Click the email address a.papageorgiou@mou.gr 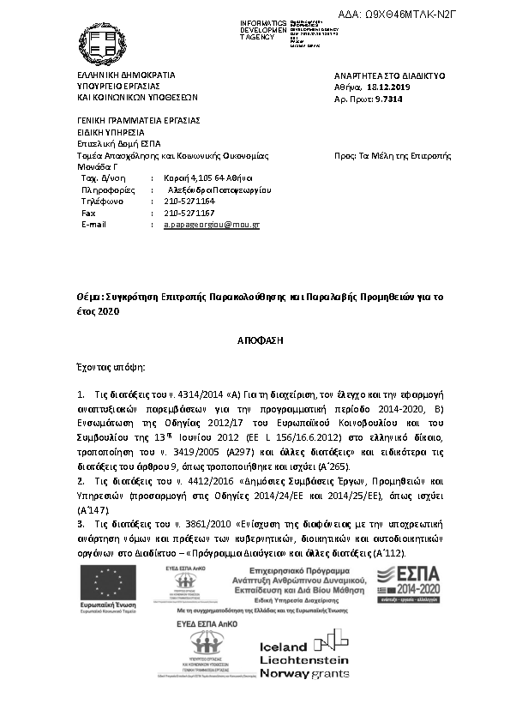(x=212, y=224)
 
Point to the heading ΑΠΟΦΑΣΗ (x=254, y=340)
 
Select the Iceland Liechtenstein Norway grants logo (x=303, y=658)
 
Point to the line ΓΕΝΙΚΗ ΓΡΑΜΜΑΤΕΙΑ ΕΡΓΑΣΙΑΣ (x=126, y=121)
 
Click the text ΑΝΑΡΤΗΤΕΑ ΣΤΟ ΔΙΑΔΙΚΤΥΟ (x=389, y=75)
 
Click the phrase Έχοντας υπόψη (x=111, y=367)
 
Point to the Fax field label (x=88, y=212)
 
